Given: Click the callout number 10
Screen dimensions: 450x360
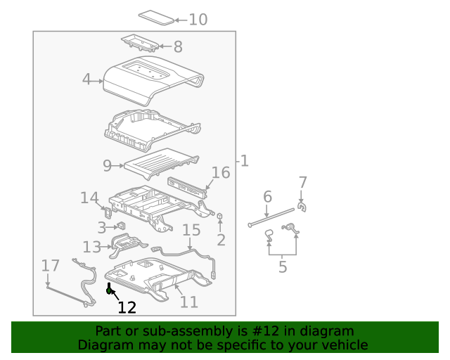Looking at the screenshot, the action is [x=198, y=20].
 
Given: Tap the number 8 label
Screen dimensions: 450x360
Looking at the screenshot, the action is [x=178, y=46].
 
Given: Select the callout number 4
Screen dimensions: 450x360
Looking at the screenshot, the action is [x=86, y=79].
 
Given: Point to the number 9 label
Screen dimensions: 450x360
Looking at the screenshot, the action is [x=107, y=166].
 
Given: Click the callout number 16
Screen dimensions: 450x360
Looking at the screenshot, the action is [x=220, y=173].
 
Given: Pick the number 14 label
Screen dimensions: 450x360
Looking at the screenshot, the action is [x=89, y=198].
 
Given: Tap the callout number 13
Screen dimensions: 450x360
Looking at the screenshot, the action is [x=92, y=247].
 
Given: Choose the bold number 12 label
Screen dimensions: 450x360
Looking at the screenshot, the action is [x=127, y=307].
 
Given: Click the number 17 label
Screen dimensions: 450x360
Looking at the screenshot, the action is [x=50, y=266].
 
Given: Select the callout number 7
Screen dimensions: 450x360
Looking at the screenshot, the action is [x=303, y=183].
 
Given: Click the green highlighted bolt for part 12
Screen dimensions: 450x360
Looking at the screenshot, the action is [x=109, y=288].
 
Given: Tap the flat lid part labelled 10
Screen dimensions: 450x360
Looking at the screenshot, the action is [x=156, y=18].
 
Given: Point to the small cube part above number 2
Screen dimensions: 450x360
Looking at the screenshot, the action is [x=220, y=216].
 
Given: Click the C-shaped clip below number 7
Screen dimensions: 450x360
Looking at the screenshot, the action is [x=302, y=207].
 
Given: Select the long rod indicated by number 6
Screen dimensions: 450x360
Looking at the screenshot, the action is [x=271, y=217].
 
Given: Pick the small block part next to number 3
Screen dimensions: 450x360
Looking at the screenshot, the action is [x=122, y=226].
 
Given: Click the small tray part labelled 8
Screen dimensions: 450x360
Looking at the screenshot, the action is [x=141, y=43].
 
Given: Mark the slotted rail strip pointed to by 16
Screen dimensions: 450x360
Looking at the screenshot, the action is [x=187, y=188].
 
